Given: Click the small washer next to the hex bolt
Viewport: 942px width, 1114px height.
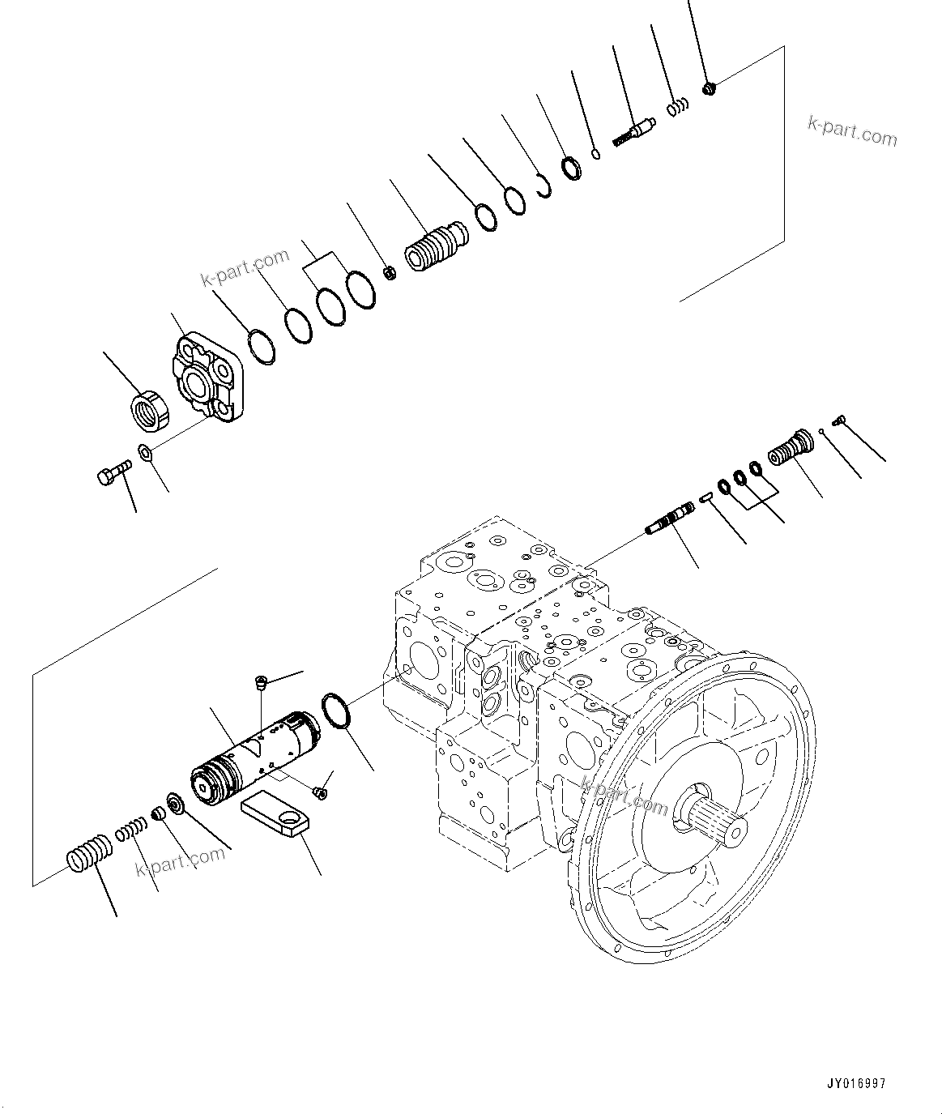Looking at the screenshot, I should tap(145, 451).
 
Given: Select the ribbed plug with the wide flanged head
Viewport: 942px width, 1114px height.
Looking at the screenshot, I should tap(791, 446).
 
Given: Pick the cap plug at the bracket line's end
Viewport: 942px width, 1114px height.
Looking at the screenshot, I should tap(710, 87).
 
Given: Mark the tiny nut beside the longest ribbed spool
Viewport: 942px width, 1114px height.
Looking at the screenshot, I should tap(389, 273).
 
